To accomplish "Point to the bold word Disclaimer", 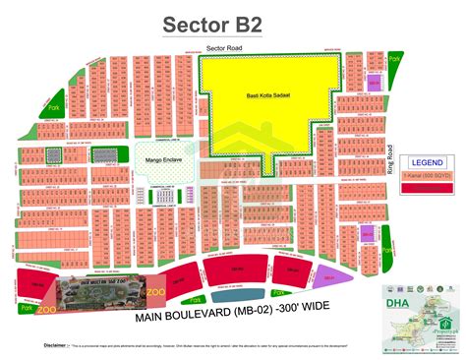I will click(55, 346).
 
